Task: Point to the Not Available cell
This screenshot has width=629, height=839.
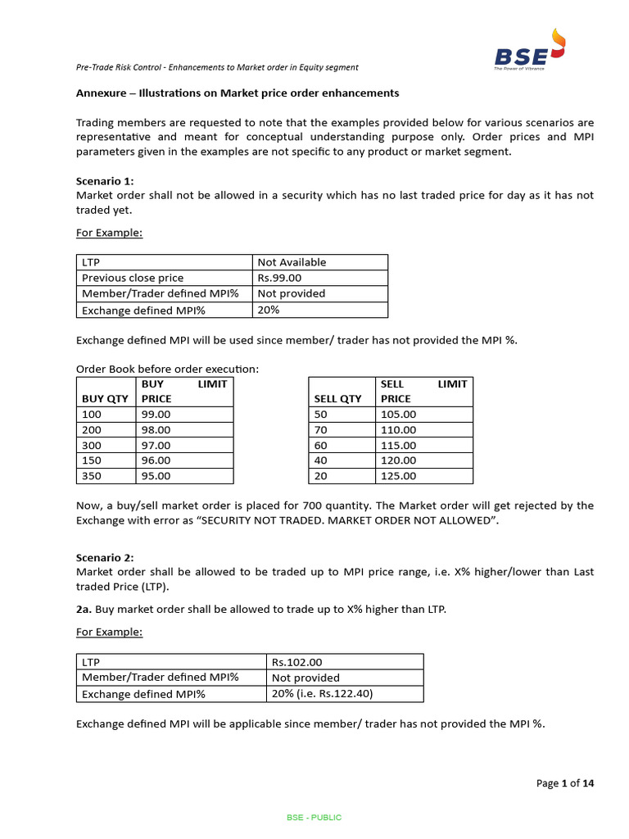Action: point(292,262)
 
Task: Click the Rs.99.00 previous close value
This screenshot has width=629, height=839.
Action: point(279,278)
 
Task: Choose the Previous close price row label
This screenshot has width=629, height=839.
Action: point(133,278)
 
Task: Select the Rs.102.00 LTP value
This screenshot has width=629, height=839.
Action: point(299,661)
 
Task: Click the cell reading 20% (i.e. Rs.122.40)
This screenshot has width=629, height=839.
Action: point(320,693)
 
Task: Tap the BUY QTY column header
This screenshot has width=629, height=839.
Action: point(104,398)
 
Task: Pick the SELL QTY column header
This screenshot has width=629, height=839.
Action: point(337,398)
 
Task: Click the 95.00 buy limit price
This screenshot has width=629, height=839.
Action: point(156,475)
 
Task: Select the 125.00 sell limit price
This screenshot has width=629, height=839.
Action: point(399,475)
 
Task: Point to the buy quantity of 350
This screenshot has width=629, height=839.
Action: point(91,475)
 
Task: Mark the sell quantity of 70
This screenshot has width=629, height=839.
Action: point(320,429)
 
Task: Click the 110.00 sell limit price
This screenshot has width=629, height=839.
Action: point(399,429)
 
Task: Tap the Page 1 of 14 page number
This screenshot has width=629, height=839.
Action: point(565,782)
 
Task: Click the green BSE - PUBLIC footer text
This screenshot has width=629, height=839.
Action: point(314,818)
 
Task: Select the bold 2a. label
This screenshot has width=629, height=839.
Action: point(84,610)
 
